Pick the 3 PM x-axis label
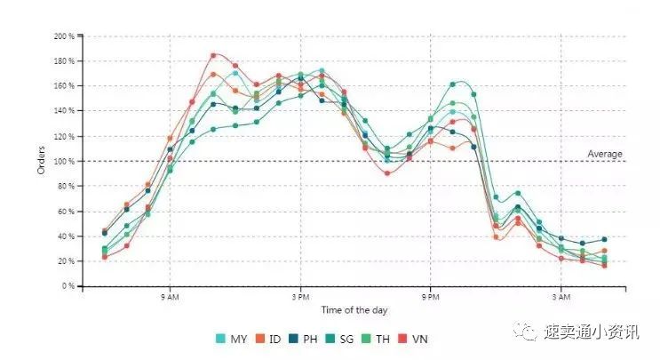point(300,296)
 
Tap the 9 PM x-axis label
point(431,296)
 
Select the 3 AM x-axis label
point(561,296)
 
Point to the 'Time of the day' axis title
point(354,310)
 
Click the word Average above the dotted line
point(605,154)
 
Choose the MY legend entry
point(232,339)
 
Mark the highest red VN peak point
point(213,55)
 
